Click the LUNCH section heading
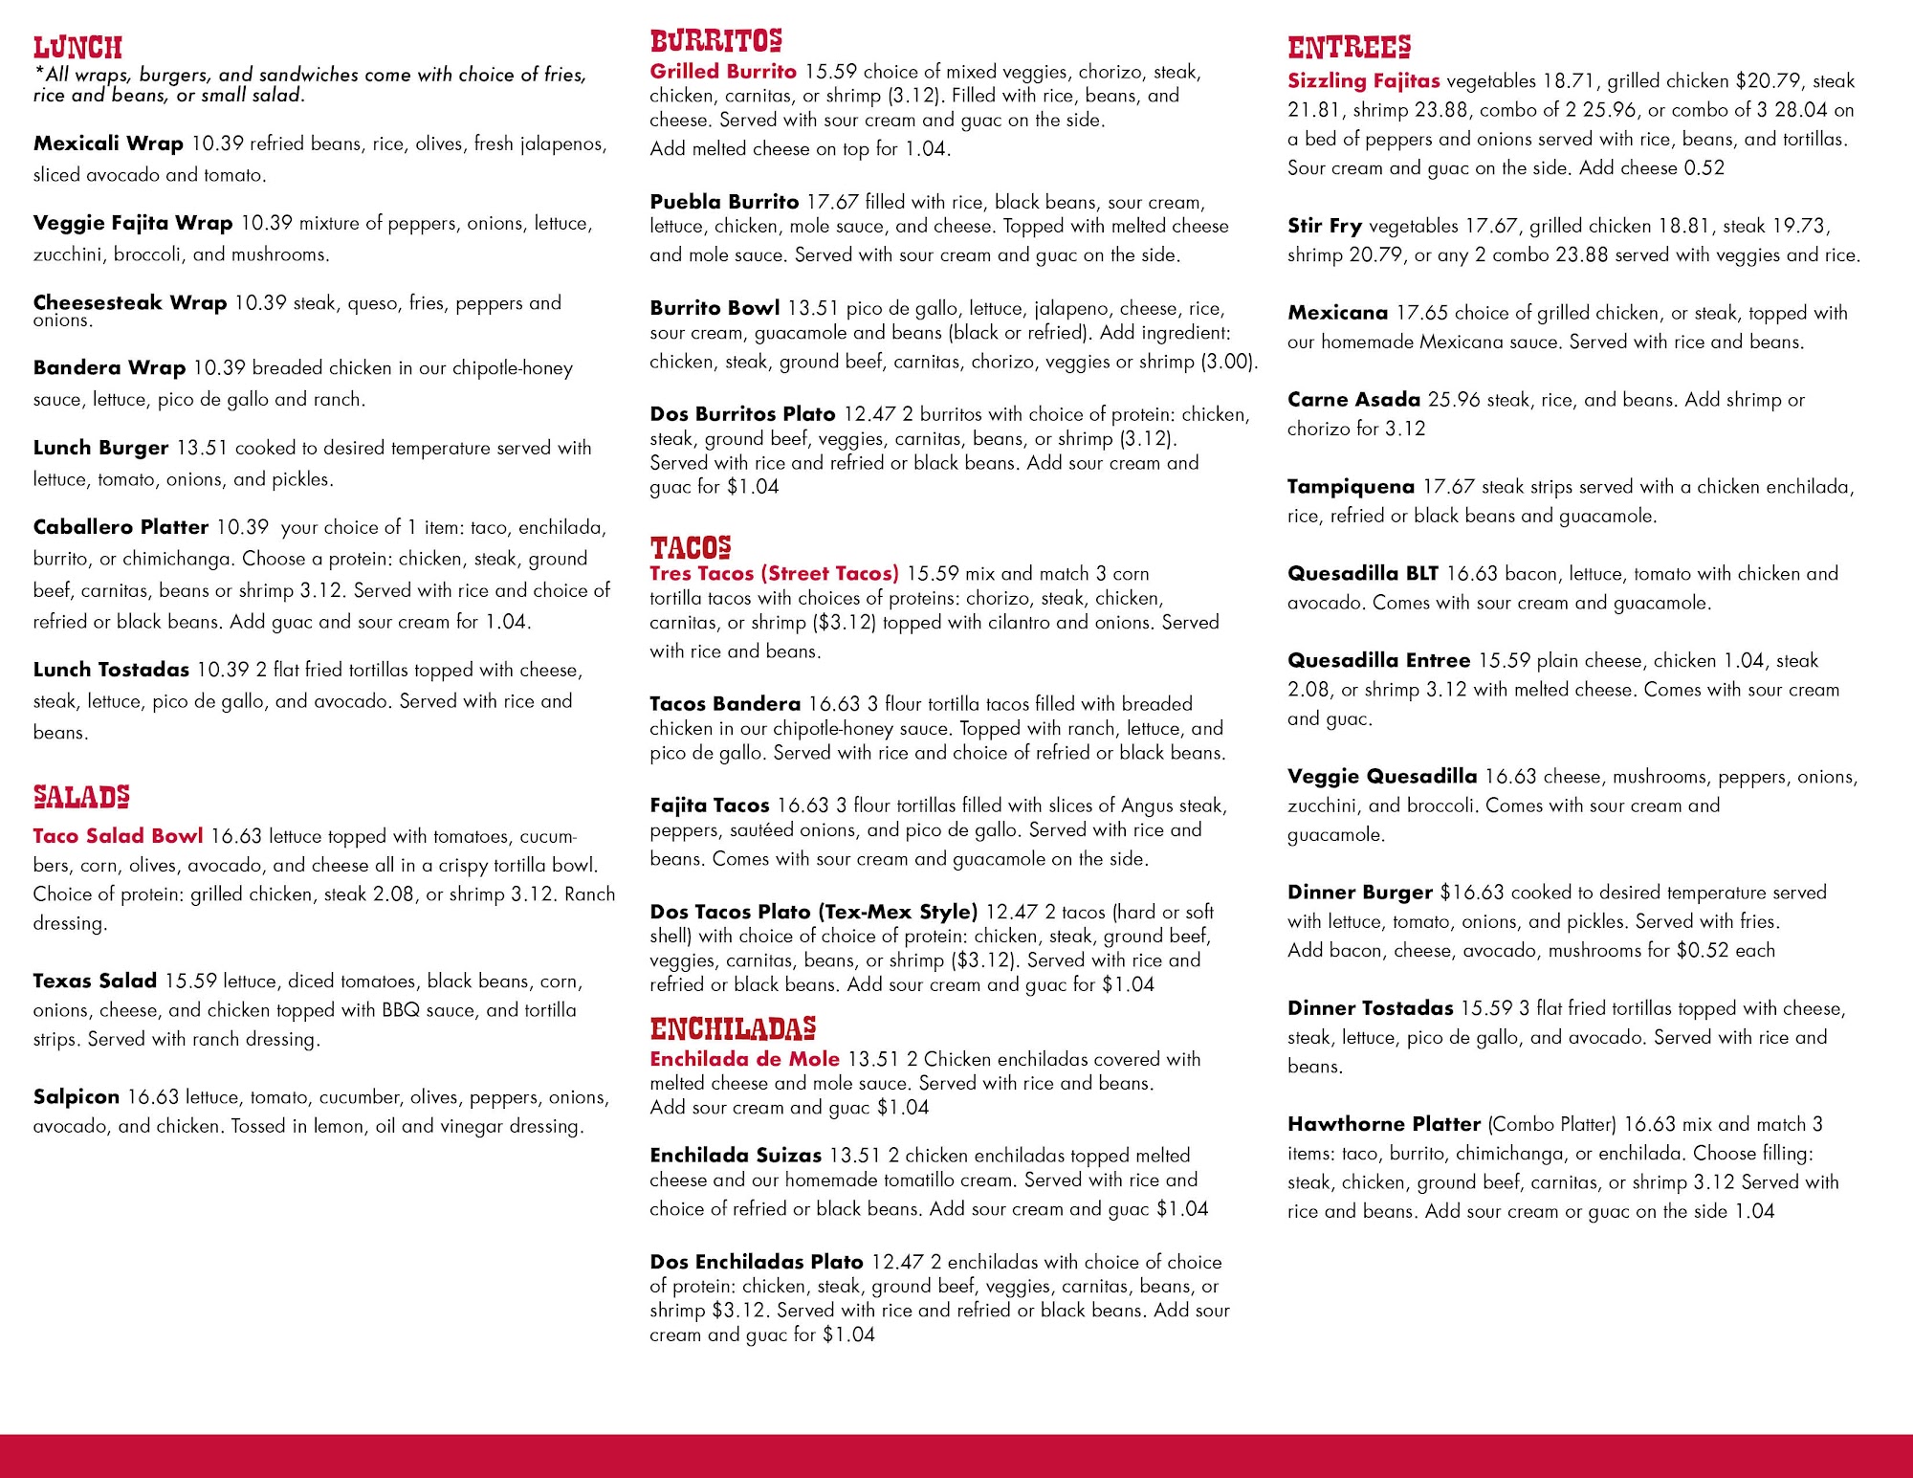[77, 47]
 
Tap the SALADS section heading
[81, 796]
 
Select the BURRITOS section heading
[715, 41]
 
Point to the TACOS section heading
[691, 547]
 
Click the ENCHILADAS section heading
[733, 1028]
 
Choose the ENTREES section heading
[1349, 47]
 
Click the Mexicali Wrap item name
[108, 143]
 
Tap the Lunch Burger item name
[100, 448]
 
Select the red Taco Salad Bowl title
[118, 836]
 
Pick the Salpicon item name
[77, 1097]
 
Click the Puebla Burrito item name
[724, 202]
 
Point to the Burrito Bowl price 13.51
[812, 308]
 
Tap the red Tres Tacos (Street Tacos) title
[774, 573]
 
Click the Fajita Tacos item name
[709, 805]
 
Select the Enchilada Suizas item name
[736, 1156]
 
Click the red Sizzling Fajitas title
[1363, 80]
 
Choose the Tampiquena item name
[1351, 487]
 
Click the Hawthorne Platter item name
[1383, 1124]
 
